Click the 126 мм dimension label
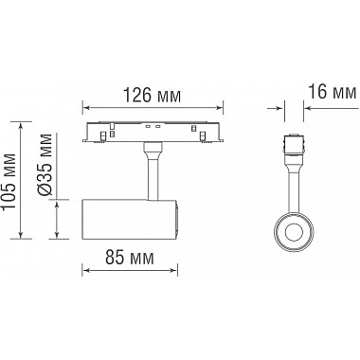tap(152, 95)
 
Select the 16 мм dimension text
tap(332, 92)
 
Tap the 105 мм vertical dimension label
tap(9, 181)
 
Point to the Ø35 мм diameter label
tap(45, 165)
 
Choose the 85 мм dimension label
tap(130, 258)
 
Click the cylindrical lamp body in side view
tap(131, 219)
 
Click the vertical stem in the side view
tap(153, 175)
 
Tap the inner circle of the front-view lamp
tap(294, 233)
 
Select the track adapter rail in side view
tap(153, 132)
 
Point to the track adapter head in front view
tap(294, 145)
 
